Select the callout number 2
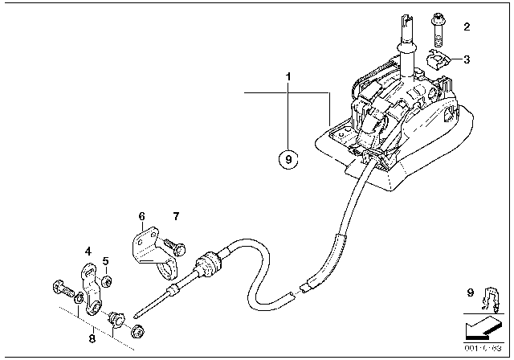(465, 27)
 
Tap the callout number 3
(466, 59)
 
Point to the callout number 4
(88, 251)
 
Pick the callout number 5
(105, 262)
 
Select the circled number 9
(289, 158)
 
